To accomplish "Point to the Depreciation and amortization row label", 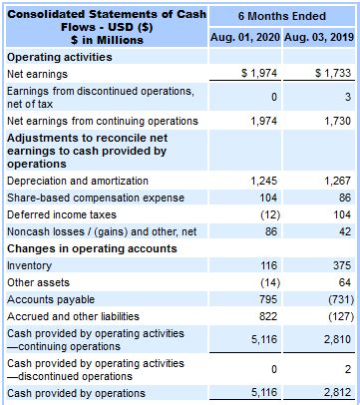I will (77, 181).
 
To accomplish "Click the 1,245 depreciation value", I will (262, 181).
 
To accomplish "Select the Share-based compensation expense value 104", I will (267, 198).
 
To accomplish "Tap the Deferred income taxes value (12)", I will (265, 214).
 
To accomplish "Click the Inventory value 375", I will (340, 265).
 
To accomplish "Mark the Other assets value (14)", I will (265, 282).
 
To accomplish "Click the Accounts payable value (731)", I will (336, 299).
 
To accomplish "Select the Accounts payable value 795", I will (267, 299).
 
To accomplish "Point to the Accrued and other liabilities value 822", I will (267, 316).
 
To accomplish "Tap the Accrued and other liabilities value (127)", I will (336, 316).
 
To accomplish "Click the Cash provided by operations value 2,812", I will (336, 394).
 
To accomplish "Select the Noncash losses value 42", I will (343, 231).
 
